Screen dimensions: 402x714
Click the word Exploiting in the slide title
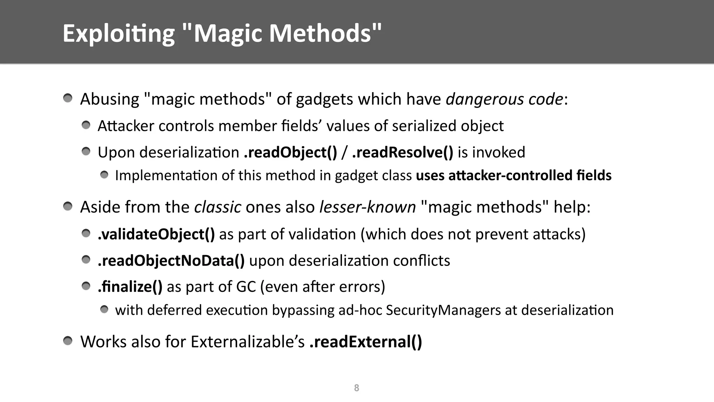click(119, 34)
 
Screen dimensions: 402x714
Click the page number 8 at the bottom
click(356, 388)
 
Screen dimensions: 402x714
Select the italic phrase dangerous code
click(504, 99)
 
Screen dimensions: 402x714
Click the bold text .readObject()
click(290, 152)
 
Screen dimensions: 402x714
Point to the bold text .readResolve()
click(403, 152)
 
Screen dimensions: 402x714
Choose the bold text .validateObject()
click(156, 234)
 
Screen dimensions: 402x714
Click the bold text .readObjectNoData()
click(171, 261)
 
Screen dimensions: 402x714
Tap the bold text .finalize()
click(130, 287)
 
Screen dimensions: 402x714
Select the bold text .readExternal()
click(366, 342)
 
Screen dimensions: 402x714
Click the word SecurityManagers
click(443, 310)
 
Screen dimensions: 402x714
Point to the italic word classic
click(218, 207)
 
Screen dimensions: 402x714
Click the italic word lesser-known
click(367, 207)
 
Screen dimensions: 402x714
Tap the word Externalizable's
click(248, 342)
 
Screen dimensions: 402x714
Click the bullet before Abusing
click(68, 98)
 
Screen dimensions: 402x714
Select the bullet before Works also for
click(68, 341)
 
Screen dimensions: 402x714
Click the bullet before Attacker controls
click(86, 125)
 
